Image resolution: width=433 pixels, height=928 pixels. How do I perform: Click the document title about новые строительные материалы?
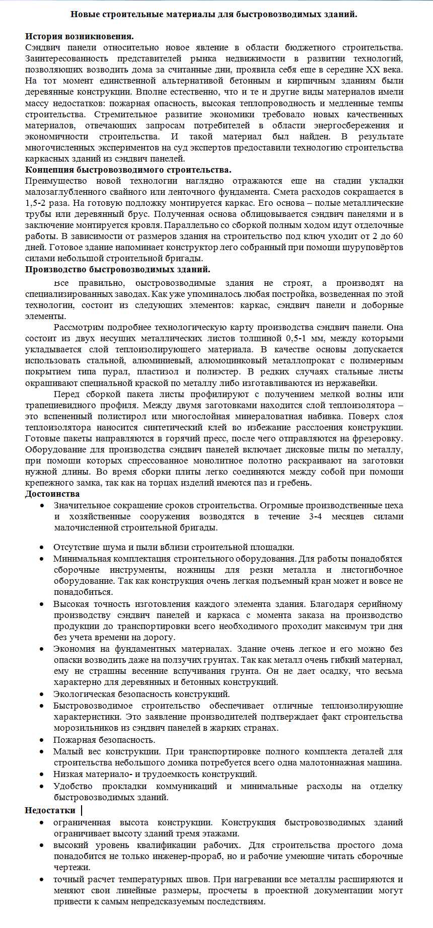coord(213,14)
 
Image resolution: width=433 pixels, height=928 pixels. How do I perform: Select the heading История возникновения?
coord(79,36)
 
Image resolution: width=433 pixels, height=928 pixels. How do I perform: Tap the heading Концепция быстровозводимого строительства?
coord(128,170)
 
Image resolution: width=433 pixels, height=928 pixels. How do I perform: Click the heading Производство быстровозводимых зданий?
coord(117,269)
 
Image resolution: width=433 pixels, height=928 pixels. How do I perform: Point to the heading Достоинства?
coord(52,494)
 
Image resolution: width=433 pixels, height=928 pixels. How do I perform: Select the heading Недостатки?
coord(50,810)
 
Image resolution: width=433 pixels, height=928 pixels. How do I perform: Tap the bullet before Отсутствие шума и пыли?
coord(43,547)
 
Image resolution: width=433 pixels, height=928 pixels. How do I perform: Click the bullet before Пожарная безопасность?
coord(43,740)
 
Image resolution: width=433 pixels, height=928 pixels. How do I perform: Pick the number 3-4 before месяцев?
coord(315,516)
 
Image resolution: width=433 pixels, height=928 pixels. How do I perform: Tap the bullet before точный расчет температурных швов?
coord(43,879)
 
